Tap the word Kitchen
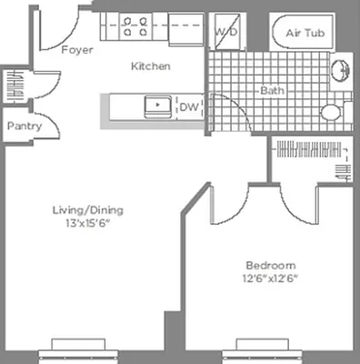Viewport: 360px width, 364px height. [x=150, y=66]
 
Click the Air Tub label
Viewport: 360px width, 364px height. [x=304, y=33]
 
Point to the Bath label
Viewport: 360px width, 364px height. [x=272, y=91]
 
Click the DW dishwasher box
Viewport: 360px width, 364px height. [x=189, y=106]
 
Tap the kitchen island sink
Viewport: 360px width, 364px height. [x=156, y=105]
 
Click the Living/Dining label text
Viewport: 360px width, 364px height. [x=87, y=210]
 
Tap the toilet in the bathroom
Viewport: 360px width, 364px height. [x=331, y=112]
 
